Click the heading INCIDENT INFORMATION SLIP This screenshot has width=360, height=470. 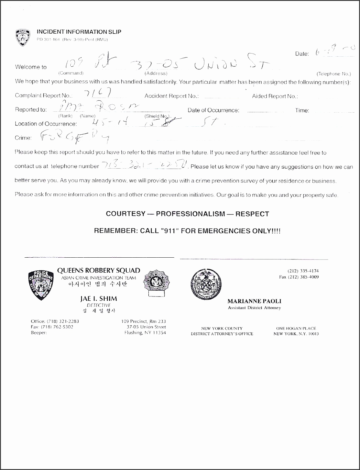tap(79, 32)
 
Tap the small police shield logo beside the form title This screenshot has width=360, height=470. tap(23, 38)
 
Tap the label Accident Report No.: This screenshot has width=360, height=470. tap(171, 96)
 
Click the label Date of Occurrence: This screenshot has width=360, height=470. tap(213, 110)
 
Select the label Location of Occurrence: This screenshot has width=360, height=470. tap(46, 124)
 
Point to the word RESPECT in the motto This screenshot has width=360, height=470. tap(253, 214)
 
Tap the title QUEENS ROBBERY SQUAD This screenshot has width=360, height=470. tap(98, 270)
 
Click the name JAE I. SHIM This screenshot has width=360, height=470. tap(98, 299)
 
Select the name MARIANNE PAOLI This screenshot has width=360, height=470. tap(254, 301)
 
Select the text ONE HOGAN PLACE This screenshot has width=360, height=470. tap(296, 328)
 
